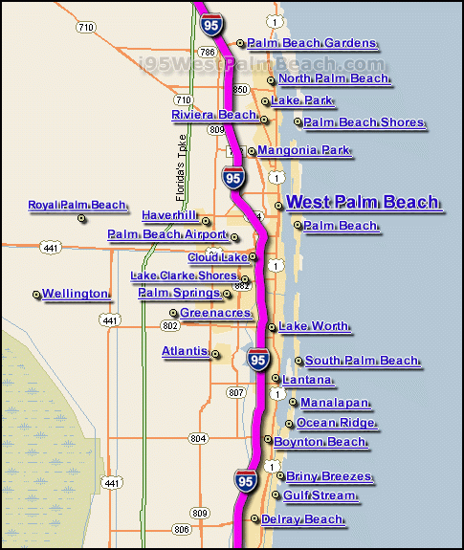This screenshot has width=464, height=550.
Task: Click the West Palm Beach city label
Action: tap(363, 202)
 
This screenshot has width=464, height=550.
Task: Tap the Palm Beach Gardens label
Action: tap(312, 43)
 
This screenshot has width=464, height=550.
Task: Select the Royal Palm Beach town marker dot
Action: tap(81, 218)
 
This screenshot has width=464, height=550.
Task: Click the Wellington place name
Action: tap(75, 294)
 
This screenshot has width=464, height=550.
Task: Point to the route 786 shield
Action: tap(208, 53)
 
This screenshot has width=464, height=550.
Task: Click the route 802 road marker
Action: tap(170, 326)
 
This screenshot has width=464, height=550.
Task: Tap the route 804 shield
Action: tap(198, 438)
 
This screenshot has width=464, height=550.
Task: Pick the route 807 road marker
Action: tap(236, 392)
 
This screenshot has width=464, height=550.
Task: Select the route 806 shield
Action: tap(182, 529)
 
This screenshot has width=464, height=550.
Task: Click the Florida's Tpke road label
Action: tap(181, 168)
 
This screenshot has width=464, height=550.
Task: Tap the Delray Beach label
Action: tap(302, 519)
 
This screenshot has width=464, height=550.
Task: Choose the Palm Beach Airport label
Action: tap(167, 234)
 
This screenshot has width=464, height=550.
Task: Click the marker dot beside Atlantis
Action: tap(215, 354)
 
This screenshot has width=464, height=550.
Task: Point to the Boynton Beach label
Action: tap(320, 442)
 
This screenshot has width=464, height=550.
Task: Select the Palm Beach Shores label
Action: tap(364, 122)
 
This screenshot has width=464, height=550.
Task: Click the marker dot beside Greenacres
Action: tap(173, 313)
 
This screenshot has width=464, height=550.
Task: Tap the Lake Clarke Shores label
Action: tap(184, 275)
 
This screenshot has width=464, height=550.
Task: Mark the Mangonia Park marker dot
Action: tap(252, 151)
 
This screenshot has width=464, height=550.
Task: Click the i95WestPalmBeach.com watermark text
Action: tap(261, 64)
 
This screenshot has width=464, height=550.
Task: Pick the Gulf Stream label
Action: tap(320, 495)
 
